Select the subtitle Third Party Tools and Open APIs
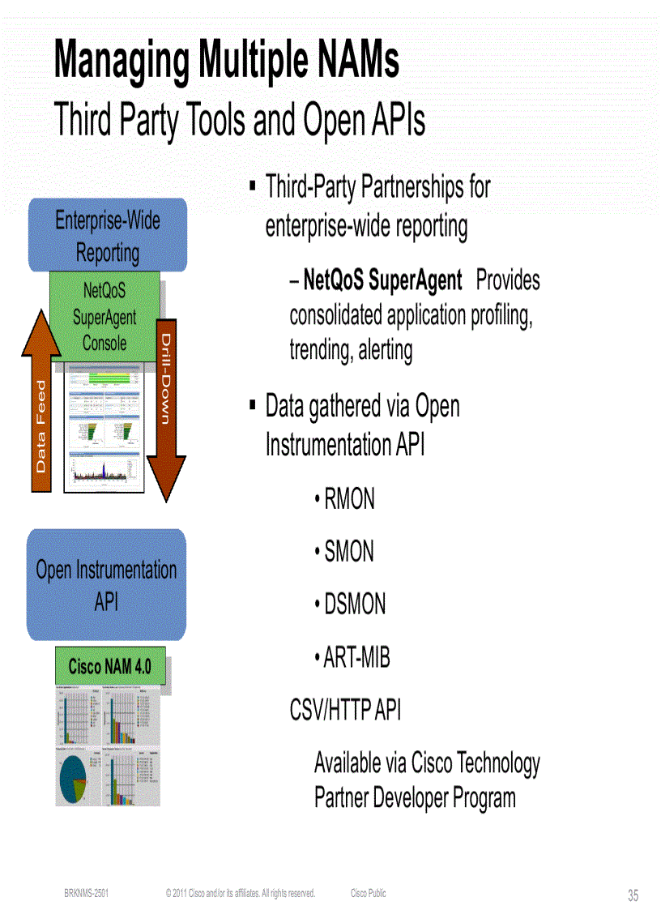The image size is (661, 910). [239, 122]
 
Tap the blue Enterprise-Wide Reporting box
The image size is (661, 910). [107, 236]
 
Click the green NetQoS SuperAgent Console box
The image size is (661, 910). [104, 317]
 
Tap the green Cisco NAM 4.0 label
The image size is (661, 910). [109, 667]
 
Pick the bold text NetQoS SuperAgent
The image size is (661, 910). [382, 280]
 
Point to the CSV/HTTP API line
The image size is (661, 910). [345, 710]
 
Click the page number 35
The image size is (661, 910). [633, 895]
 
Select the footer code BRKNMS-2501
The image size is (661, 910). [87, 893]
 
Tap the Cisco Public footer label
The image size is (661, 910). [369, 893]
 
